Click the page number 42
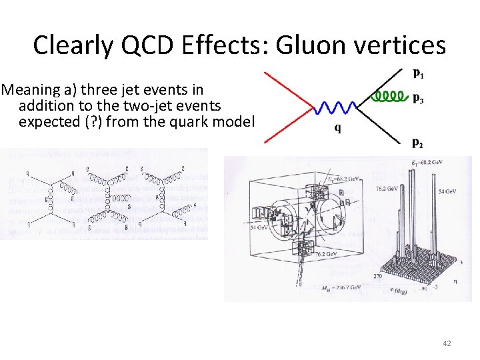click(x=447, y=343)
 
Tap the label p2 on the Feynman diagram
click(x=417, y=142)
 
